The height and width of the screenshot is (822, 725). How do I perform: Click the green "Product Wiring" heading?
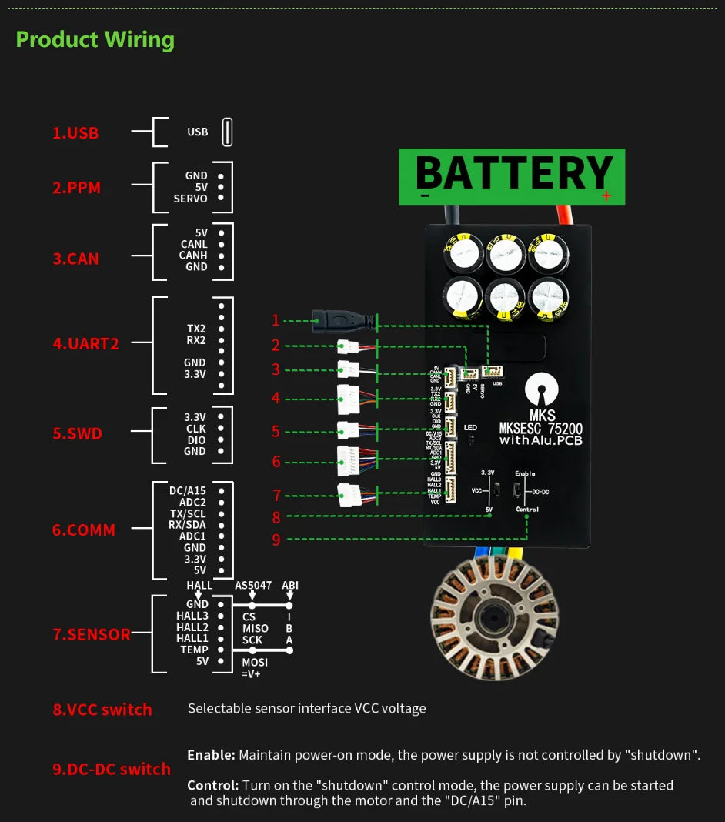click(95, 40)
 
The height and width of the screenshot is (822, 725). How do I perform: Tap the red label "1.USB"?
click(75, 133)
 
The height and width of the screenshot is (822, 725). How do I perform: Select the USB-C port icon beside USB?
click(227, 132)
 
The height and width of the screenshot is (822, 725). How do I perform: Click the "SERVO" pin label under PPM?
click(190, 199)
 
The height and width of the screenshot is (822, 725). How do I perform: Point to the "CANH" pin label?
click(193, 256)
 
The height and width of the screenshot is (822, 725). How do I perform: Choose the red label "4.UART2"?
click(85, 344)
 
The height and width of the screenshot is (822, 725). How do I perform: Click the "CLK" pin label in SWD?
click(195, 429)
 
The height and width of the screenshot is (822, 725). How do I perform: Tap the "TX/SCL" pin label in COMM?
click(188, 513)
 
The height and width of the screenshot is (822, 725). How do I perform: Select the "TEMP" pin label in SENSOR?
click(194, 650)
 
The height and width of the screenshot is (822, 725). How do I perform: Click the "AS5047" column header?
click(253, 586)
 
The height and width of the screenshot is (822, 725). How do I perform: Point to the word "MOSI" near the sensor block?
click(255, 662)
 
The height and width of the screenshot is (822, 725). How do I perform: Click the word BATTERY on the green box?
click(513, 173)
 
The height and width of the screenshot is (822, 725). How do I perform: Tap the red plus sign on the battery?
click(606, 196)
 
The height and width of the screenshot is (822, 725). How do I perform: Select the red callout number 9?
click(276, 540)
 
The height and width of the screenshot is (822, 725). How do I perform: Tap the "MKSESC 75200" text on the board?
click(540, 429)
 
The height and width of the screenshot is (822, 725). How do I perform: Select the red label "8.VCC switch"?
click(102, 710)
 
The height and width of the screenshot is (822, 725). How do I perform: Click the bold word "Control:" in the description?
click(212, 786)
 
